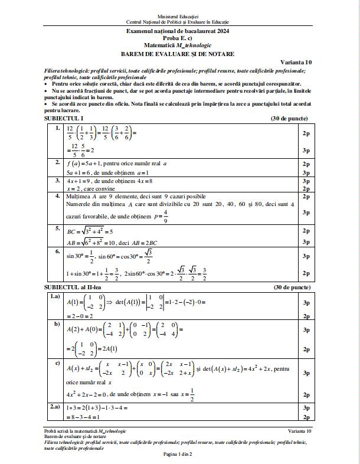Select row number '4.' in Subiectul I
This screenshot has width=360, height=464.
point(58,195)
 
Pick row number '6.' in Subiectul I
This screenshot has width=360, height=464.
point(58,251)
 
